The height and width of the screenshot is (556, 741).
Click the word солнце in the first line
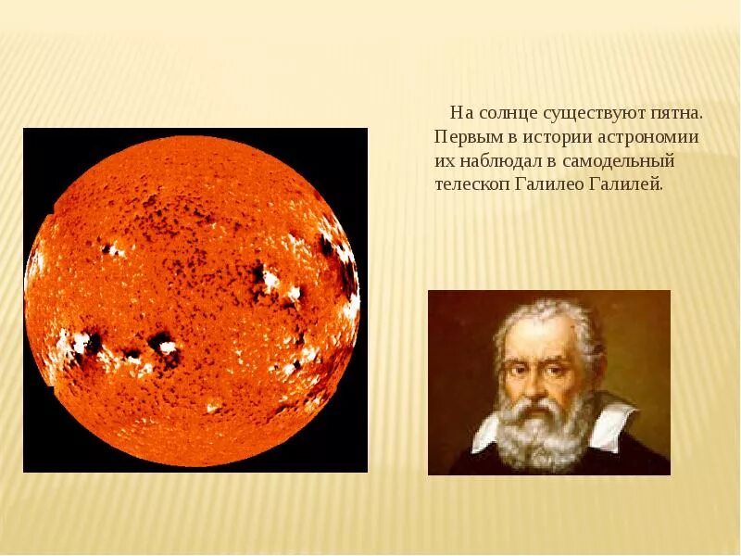coord(507,113)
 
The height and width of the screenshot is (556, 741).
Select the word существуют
coord(598,113)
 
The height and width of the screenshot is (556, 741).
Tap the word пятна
coord(678,113)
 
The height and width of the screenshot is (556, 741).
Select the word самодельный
coord(623,160)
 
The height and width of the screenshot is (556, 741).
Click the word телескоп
coord(471,183)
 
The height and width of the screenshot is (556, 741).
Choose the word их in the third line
coord(444,160)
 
